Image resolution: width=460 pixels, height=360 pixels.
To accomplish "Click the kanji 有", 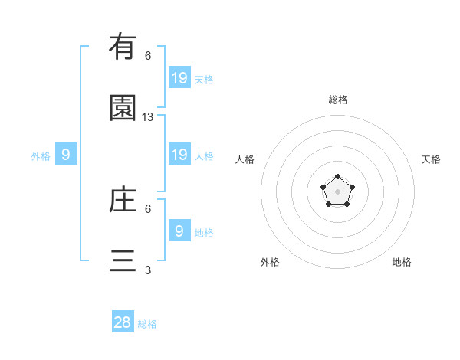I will [x=123, y=47].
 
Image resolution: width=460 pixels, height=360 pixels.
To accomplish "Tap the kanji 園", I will [x=123, y=109].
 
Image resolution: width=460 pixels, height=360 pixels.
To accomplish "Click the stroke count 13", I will [x=148, y=117].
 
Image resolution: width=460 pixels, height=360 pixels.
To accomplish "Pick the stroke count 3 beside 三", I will [x=148, y=270].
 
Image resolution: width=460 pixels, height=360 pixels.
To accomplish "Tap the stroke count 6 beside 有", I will [x=148, y=56].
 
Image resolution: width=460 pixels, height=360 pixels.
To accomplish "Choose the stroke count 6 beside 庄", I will [x=148, y=208].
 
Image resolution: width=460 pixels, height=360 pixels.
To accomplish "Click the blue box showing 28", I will [x=123, y=322].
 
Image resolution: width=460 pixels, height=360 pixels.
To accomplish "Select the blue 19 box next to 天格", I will [x=179, y=77].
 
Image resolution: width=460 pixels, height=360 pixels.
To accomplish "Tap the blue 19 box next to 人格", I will [x=179, y=155].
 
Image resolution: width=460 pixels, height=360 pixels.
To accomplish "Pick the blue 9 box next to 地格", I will [x=179, y=231].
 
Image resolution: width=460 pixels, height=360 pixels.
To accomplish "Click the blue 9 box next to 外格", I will [x=66, y=155].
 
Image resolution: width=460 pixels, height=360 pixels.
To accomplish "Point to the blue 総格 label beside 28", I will [x=147, y=324].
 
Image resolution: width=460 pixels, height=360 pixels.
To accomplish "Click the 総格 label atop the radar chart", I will [x=338, y=100].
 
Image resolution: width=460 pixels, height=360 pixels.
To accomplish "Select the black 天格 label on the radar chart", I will [x=431, y=159].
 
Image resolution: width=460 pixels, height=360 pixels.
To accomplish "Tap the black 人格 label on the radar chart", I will [x=245, y=159].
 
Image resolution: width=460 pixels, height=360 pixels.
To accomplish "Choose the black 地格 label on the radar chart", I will [x=402, y=262].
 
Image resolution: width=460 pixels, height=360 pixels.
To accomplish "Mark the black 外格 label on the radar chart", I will [x=270, y=262].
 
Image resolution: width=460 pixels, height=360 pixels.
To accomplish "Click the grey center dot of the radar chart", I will [x=337, y=191].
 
